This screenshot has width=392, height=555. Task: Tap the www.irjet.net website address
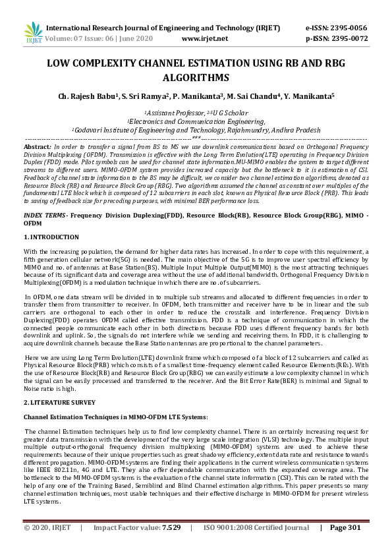click(x=204, y=38)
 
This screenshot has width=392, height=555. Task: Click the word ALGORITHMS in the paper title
click(x=196, y=77)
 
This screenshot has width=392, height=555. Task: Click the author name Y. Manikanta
click(x=308, y=96)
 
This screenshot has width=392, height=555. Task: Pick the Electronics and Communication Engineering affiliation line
click(x=196, y=121)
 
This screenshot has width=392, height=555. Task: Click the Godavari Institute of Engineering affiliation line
click(x=196, y=130)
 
